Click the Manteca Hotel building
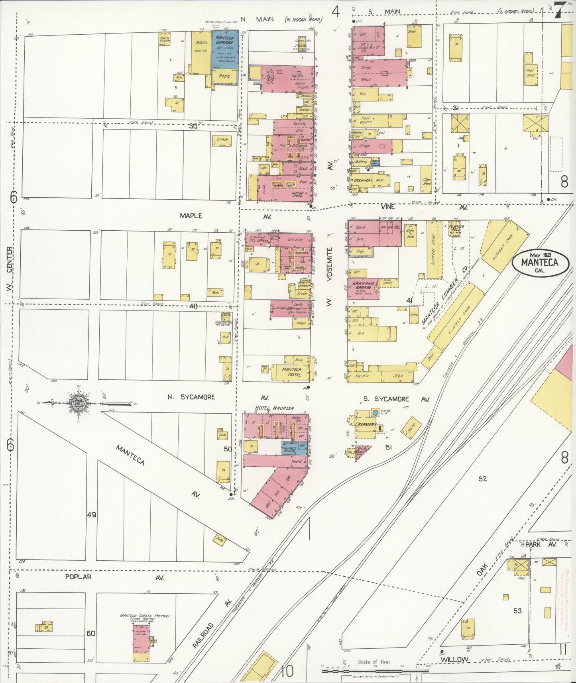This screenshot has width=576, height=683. point(291,372)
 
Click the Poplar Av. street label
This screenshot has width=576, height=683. point(79,577)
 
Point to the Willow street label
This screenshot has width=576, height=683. point(455,659)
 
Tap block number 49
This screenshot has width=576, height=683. point(92,515)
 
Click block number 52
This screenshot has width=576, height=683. point(483,479)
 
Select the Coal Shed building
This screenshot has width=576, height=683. point(530,73)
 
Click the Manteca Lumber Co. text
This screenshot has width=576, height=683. point(445,294)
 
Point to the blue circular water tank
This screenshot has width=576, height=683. point(375,412)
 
